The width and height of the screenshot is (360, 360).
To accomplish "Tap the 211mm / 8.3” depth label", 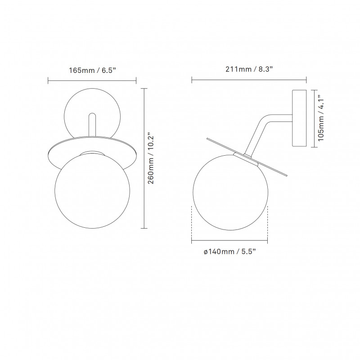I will (249, 70).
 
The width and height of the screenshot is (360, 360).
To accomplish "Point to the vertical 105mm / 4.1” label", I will (321, 118).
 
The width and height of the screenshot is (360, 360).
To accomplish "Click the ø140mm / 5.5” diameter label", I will (230, 252).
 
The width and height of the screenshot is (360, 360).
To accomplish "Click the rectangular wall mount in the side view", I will (299, 118).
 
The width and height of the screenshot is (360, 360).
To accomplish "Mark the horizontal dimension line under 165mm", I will (92, 81).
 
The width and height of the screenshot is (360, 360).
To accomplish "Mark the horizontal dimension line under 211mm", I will (249, 81).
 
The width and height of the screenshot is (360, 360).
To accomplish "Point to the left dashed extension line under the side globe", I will (192, 223).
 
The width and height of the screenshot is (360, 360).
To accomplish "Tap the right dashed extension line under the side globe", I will (268, 223).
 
